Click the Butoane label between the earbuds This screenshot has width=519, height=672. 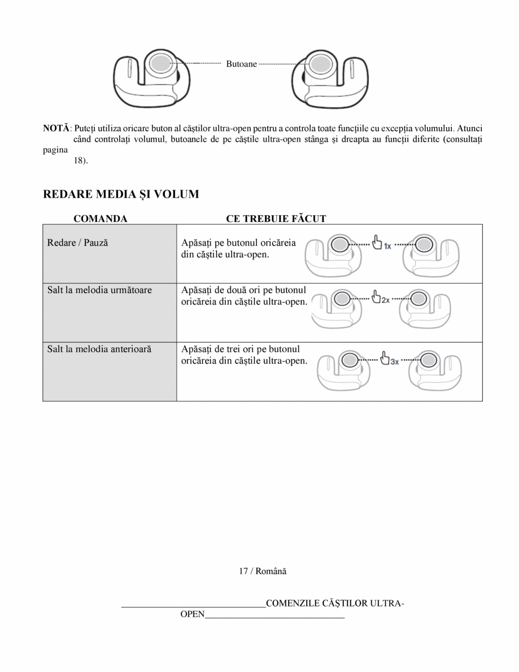point(241,64)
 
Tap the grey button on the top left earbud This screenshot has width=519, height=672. point(160,63)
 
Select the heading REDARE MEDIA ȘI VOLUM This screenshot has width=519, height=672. point(121,195)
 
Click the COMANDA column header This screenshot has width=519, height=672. point(100,219)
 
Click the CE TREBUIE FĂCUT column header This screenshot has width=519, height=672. point(276,219)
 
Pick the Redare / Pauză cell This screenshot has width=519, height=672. point(77,243)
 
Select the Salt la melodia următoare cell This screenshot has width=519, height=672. point(99,290)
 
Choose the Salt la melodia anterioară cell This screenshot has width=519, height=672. point(99,350)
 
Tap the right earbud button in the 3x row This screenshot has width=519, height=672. point(429,360)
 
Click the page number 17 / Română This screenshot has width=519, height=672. point(262,571)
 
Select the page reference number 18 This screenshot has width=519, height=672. point(80,160)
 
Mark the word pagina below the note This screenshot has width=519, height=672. point(55,150)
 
